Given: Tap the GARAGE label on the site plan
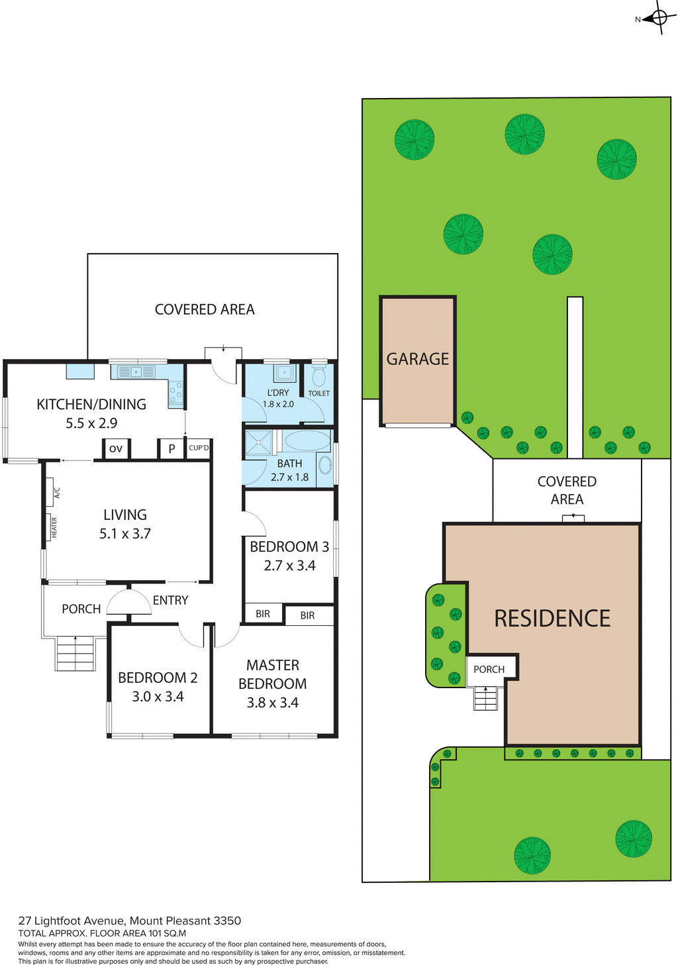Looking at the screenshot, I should click(x=417, y=359).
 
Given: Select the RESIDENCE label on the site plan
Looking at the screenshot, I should click(x=552, y=618).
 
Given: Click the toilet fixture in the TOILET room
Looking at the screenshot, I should click(x=318, y=376).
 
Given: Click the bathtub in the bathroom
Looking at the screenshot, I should click(x=307, y=441).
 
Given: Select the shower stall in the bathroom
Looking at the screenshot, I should click(x=258, y=442).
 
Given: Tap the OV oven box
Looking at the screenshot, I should click(x=116, y=448).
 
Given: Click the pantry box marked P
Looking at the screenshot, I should click(x=171, y=448).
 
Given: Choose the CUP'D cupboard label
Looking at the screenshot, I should click(x=199, y=448).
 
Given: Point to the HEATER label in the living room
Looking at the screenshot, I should click(x=54, y=528).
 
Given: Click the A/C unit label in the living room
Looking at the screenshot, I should click(x=57, y=493).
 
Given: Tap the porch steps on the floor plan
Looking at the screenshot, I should click(x=75, y=653).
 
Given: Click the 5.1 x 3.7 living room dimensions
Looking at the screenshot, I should click(x=125, y=534).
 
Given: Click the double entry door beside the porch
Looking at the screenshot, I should click(x=128, y=603).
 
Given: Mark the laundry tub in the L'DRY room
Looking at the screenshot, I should click(x=285, y=372).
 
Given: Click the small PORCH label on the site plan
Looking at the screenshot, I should click(x=489, y=670).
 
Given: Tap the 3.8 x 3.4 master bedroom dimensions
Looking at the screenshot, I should click(x=272, y=703).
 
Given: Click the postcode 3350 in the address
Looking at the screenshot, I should click(x=227, y=921).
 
